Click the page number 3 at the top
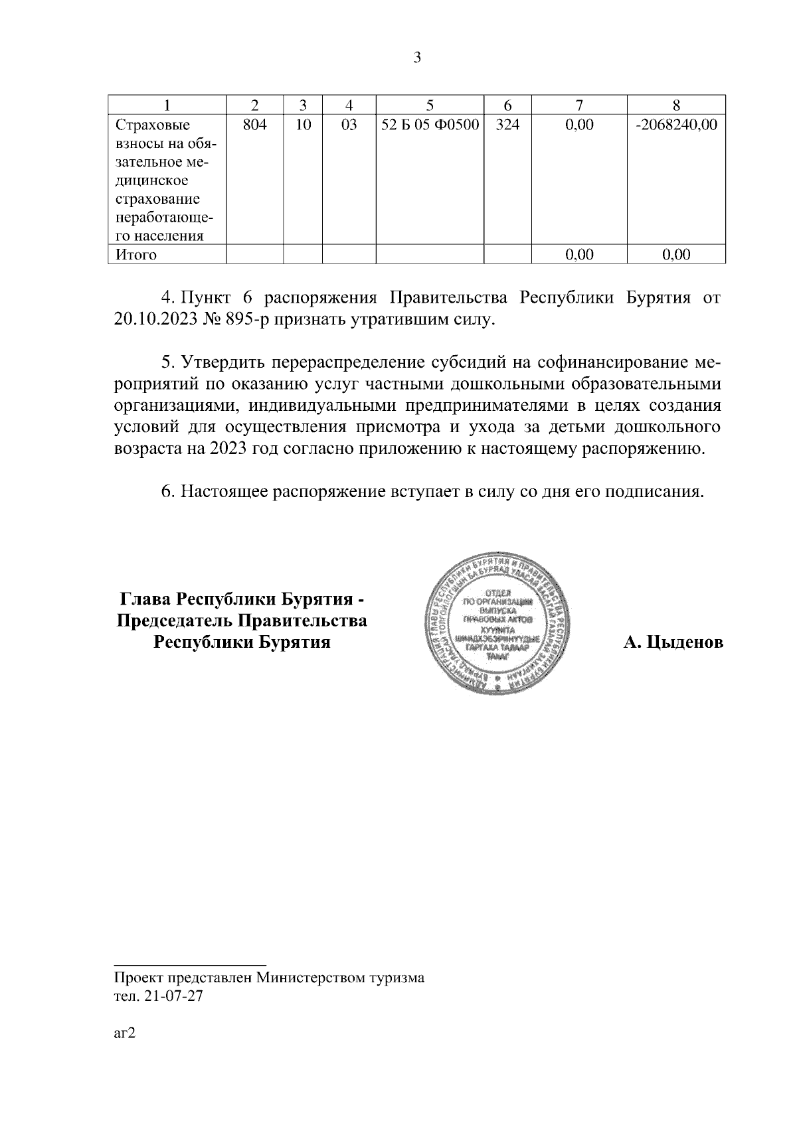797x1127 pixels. pos(417,58)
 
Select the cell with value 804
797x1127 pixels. pos(254,125)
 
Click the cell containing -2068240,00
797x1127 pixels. pos(676,125)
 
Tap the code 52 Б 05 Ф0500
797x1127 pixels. pos(430,125)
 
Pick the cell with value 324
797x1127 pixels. pos(507,125)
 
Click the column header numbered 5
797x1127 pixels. pos(430,105)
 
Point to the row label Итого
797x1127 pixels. pos(136,255)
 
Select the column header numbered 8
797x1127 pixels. pos(676,105)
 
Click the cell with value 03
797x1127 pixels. pos(349,125)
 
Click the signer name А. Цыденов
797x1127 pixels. pos(673,642)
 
